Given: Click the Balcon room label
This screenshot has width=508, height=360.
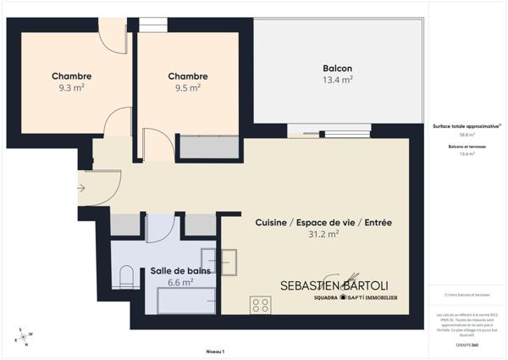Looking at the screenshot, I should click(337, 69).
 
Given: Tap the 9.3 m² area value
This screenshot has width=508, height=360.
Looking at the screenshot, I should click(71, 87).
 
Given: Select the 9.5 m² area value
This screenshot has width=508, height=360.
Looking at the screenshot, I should click(187, 87).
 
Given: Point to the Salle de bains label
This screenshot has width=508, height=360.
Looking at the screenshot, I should click(180, 271).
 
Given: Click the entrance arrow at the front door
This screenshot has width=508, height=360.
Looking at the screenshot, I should click(81, 188).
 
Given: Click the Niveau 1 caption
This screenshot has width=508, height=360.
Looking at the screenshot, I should click(215, 351).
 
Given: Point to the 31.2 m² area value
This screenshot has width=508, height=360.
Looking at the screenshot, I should click(323, 235).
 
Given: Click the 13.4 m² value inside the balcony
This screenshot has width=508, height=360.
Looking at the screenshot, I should click(337, 80).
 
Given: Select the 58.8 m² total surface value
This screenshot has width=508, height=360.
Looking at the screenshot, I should click(467, 135).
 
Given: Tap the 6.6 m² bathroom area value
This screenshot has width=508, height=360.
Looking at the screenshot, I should click(179, 283).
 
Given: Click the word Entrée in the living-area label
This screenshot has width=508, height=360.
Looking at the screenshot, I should click(378, 223).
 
